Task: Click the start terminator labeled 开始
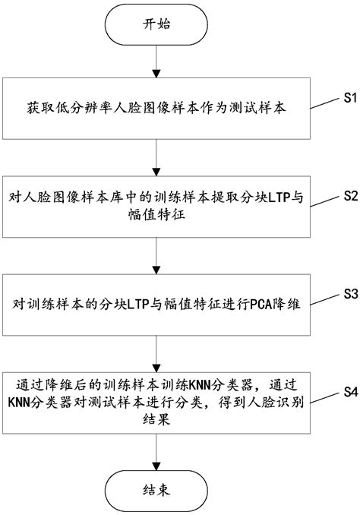point(156,25)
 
